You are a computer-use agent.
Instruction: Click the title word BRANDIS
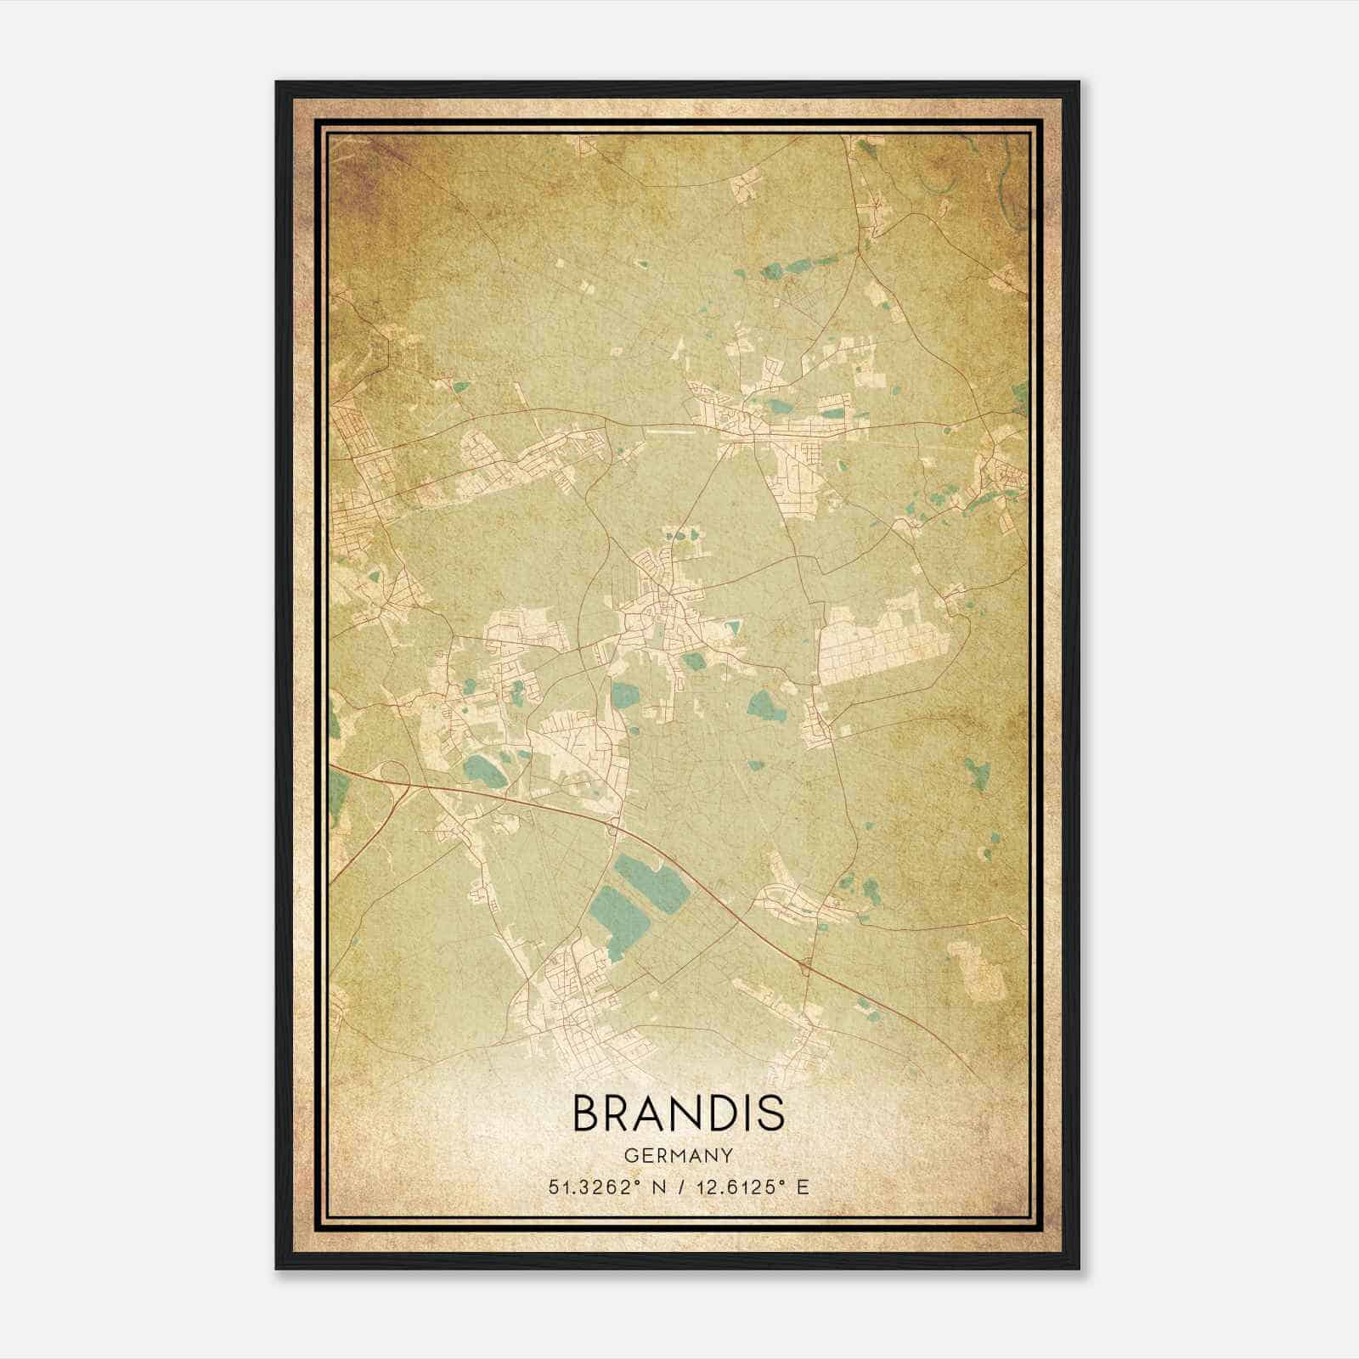679,1114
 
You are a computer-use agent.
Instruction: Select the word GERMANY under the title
679,1155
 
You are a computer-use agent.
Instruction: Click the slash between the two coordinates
678,1187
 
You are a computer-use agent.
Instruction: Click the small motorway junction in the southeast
804,965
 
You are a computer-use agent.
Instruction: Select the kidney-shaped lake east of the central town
764,703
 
